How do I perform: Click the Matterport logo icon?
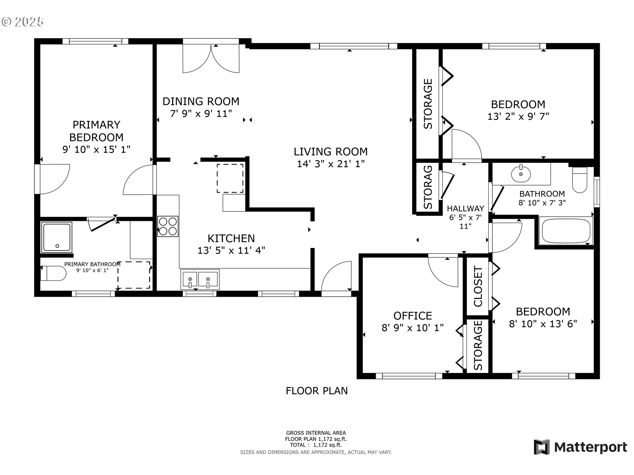(x=542, y=447)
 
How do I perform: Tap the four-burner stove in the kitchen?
(x=168, y=226)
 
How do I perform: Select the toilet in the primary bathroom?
(x=53, y=273)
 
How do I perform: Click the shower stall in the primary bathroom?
(x=56, y=237)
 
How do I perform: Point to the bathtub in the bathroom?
(x=566, y=231)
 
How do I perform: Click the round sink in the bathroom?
(x=521, y=174)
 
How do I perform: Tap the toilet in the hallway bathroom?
(x=580, y=180)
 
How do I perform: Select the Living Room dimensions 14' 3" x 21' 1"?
(x=331, y=164)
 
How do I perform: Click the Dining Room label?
(x=201, y=101)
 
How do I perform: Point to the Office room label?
(x=412, y=316)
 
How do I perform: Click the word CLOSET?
(x=478, y=287)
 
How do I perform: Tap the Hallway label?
(x=465, y=208)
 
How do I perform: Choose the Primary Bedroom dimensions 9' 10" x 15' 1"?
(x=96, y=149)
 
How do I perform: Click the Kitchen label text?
(x=231, y=238)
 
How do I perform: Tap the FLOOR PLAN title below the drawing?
(x=317, y=391)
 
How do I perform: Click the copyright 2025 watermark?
(x=22, y=22)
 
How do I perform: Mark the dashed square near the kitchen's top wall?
(x=230, y=178)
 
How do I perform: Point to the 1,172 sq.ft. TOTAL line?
(x=316, y=445)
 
